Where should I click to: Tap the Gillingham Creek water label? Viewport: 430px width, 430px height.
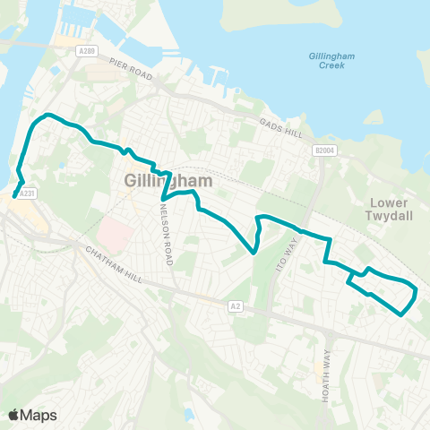tap(331, 62)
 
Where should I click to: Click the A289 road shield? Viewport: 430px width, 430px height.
tap(86, 51)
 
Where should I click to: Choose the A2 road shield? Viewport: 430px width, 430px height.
tap(236, 306)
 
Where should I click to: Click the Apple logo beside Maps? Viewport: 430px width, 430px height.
tap(14, 415)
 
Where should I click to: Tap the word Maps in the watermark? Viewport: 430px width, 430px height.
tap(39, 415)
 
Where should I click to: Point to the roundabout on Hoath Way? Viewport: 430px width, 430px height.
tap(330, 336)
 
